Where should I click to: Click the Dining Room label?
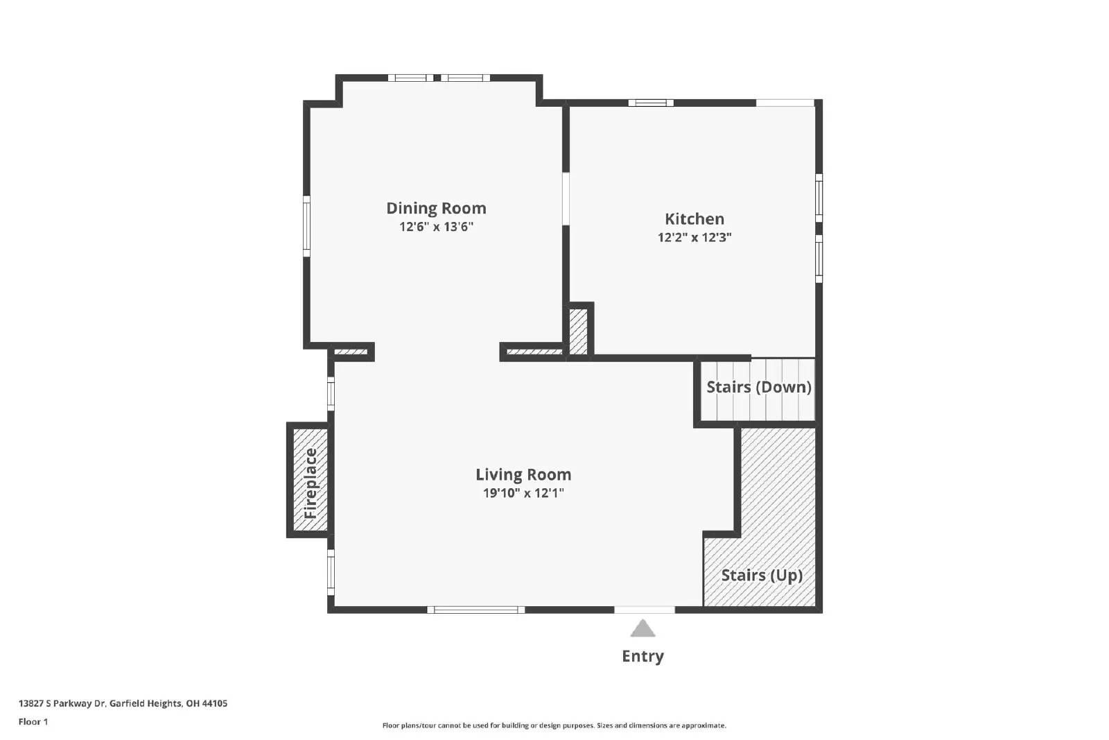pos(436,208)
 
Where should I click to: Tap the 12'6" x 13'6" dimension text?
pos(436,227)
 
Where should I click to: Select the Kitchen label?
pos(695,219)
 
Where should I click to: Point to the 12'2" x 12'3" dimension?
pos(695,237)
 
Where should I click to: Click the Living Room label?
pos(523,474)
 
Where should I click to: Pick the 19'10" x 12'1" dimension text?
pos(523,493)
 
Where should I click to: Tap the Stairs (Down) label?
pos(758,387)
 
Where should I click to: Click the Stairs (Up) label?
pos(762,575)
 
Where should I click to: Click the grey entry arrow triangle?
pos(643,629)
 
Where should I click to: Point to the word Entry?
pos(643,656)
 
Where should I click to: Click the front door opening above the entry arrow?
pos(645,610)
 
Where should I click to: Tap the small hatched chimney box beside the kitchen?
pos(578,332)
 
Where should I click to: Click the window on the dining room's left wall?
pos(306,226)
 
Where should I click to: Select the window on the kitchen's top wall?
pos(651,103)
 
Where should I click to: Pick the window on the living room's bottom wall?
pos(475,610)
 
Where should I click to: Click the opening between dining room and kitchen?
pos(566,198)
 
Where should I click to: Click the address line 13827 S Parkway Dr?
pos(123,703)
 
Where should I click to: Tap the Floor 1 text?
pos(33,722)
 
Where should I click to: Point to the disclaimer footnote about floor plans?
pos(554,725)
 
